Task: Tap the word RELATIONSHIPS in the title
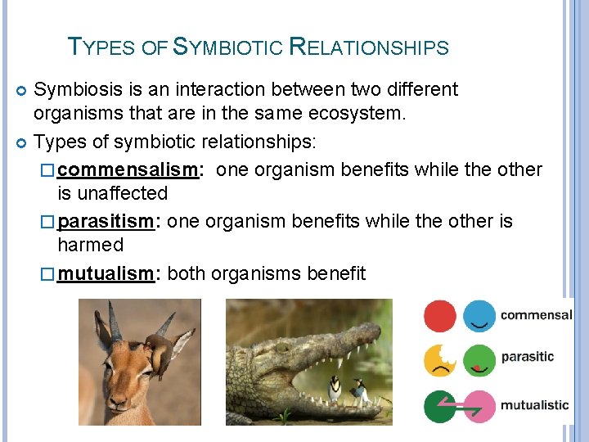click(369, 47)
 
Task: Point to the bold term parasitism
click(106, 222)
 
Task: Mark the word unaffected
click(112, 193)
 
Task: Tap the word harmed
click(90, 245)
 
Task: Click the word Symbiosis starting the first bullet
click(79, 89)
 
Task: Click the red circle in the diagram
click(440, 316)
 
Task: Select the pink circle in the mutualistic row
click(480, 405)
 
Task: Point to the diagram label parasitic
click(527, 357)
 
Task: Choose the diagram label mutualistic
click(534, 404)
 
